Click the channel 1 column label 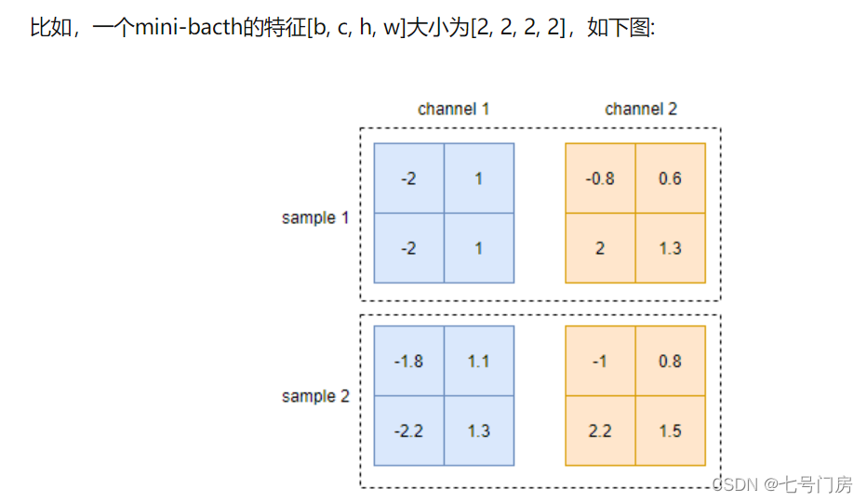[x=453, y=109]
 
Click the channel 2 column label [x=641, y=109]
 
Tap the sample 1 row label [x=315, y=218]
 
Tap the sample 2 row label [x=315, y=396]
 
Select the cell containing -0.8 [x=600, y=178]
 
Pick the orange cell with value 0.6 [x=670, y=178]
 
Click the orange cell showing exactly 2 [x=600, y=248]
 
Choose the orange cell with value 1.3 [x=670, y=248]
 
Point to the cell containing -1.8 [x=408, y=361]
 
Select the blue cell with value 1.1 [x=478, y=361]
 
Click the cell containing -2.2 [x=408, y=430]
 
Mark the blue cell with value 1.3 [x=478, y=430]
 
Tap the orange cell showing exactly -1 [x=600, y=361]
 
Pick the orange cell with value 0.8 [x=670, y=361]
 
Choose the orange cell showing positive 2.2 [x=600, y=430]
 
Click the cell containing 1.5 [x=670, y=430]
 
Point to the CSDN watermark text [x=781, y=484]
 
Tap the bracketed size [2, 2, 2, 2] [x=517, y=27]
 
